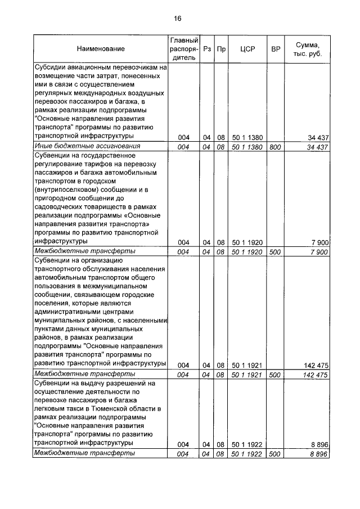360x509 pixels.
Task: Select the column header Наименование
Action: tap(101, 49)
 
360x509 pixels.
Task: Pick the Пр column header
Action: tap(222, 49)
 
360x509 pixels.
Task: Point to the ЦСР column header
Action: tap(247, 49)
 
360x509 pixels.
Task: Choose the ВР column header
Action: tap(275, 49)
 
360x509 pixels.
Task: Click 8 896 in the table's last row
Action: tap(318, 453)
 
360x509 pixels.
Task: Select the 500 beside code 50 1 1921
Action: tap(275, 375)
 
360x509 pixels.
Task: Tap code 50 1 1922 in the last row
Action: tap(247, 453)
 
